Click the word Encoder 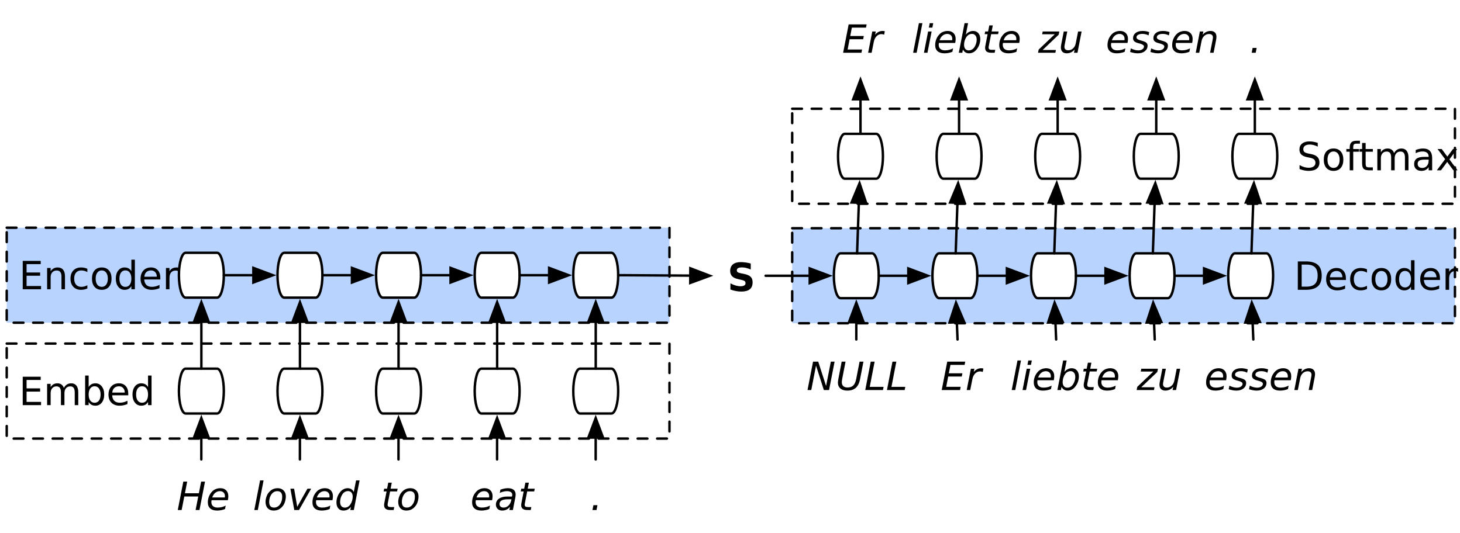[x=98, y=276]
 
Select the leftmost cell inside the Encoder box [x=201, y=275]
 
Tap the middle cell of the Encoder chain [x=398, y=275]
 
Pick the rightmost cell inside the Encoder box [x=595, y=275]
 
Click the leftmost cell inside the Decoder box [x=856, y=276]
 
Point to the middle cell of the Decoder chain [x=1053, y=276]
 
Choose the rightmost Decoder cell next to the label [x=1250, y=276]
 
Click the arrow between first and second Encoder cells [x=250, y=275]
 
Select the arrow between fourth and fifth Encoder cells [x=546, y=275]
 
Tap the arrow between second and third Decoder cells [x=1004, y=275]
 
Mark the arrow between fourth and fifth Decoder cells [x=1201, y=275]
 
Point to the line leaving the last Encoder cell [x=643, y=275]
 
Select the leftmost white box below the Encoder [x=201, y=391]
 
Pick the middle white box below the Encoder [x=398, y=391]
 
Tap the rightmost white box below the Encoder [x=595, y=391]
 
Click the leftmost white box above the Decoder [x=860, y=156]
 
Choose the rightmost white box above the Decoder [x=1255, y=156]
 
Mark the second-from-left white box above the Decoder [x=959, y=156]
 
